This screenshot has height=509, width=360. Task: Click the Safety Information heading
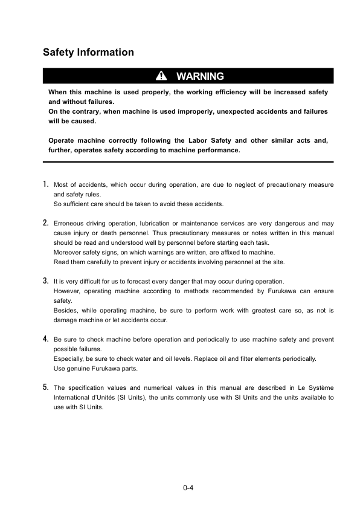(88, 53)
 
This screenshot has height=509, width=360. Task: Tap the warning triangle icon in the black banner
(161, 76)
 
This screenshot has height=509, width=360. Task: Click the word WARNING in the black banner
(200, 76)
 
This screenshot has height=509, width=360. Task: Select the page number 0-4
(188, 487)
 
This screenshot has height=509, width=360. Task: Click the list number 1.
(46, 184)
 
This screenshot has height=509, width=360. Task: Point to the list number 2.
(46, 223)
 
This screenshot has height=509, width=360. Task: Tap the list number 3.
(46, 280)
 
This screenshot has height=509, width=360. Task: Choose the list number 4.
(46, 339)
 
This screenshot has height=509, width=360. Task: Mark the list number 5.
(46, 387)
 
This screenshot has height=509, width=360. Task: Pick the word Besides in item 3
(66, 310)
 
